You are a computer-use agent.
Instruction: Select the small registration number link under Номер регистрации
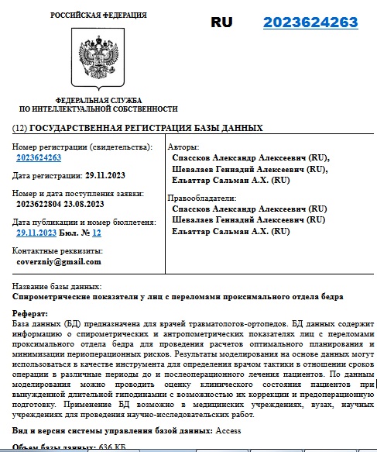click(39, 157)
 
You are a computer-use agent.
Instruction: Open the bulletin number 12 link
click(97, 232)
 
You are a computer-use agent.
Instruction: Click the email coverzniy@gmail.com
click(60, 262)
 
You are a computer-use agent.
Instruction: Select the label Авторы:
click(183, 147)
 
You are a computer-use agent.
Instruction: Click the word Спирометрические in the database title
click(56, 297)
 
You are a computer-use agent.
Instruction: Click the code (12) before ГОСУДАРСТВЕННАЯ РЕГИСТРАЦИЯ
click(20, 128)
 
